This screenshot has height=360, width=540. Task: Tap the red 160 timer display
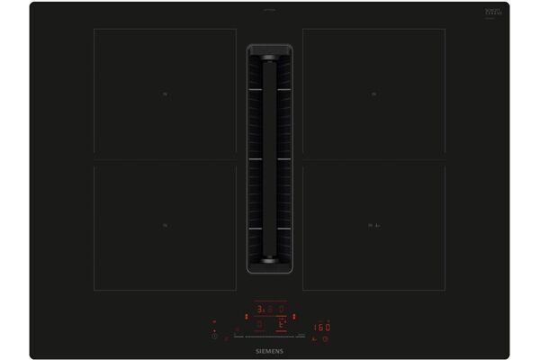pyautogui.click(x=321, y=327)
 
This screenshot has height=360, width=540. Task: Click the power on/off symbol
pyautogui.click(x=214, y=336)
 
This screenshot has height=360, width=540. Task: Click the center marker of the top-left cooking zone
pyautogui.click(x=165, y=93)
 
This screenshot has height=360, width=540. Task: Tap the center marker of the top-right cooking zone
pyautogui.click(x=373, y=93)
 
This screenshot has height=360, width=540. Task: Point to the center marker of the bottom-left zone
pyautogui.click(x=165, y=225)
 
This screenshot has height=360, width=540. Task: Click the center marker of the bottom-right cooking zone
pyautogui.click(x=373, y=225)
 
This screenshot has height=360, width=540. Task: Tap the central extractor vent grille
pyautogui.click(x=270, y=153)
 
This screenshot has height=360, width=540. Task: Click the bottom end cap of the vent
pyautogui.click(x=270, y=261)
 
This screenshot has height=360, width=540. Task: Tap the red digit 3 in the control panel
pyautogui.click(x=259, y=309)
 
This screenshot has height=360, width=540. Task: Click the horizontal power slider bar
pyautogui.click(x=270, y=336)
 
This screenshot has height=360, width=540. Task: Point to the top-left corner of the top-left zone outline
pyautogui.click(x=94, y=29)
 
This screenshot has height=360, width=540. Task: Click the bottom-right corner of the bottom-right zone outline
pyautogui.click(x=445, y=289)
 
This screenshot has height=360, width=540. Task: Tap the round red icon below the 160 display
pyautogui.click(x=325, y=338)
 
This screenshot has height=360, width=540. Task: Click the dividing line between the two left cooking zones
pyautogui.click(x=165, y=160)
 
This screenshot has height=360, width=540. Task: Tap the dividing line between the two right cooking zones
pyautogui.click(x=373, y=160)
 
